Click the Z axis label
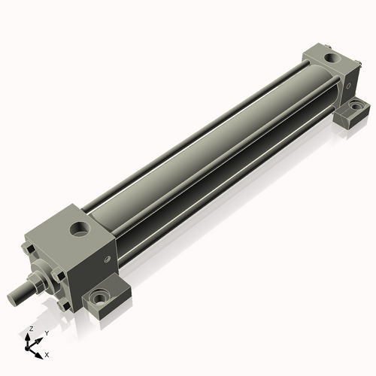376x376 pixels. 30,329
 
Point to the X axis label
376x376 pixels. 47,353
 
